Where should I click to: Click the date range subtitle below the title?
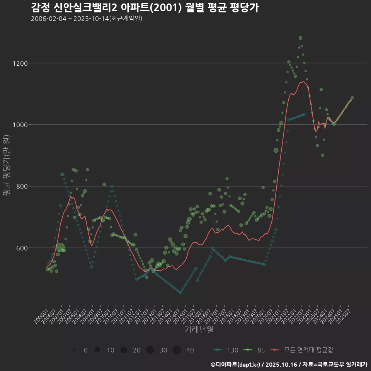(x=87, y=19)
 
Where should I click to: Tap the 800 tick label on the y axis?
(x=33, y=186)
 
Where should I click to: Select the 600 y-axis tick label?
(x=33, y=248)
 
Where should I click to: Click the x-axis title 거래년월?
(x=199, y=330)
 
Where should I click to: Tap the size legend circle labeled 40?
(x=177, y=350)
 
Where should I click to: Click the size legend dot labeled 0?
(x=74, y=350)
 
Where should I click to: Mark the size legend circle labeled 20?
(x=124, y=350)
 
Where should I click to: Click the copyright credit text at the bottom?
(x=289, y=364)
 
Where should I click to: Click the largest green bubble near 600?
(x=60, y=248)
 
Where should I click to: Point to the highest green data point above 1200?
(x=300, y=38)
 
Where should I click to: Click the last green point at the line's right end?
(x=352, y=98)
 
